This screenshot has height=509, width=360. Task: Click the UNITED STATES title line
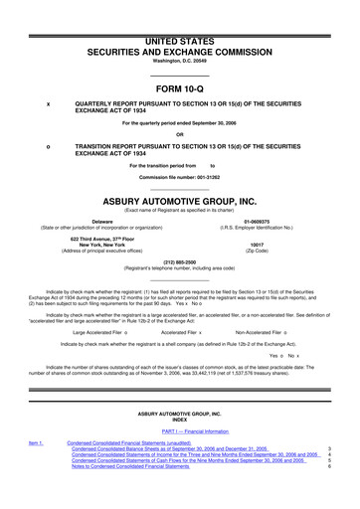click(180, 36)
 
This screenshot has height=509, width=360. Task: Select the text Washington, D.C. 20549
click(180, 58)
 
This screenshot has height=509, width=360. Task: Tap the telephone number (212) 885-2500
click(180, 262)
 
